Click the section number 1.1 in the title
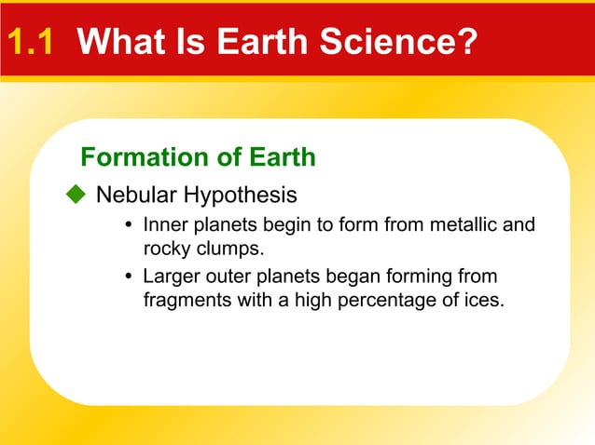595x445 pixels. (34, 42)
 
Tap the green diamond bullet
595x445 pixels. (75, 195)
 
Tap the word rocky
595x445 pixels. (165, 249)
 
